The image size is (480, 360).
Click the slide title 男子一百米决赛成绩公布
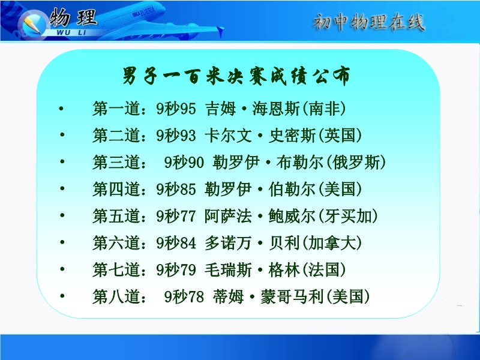coord(236,76)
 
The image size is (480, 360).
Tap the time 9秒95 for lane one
coord(176,109)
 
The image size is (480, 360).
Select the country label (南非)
coord(324,109)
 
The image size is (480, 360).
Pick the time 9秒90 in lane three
coord(184,162)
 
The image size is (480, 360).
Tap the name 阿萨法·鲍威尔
coord(260,216)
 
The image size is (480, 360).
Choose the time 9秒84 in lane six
coord(176,243)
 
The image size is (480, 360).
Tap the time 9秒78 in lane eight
coord(184,296)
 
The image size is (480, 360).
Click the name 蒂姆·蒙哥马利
coord(268,296)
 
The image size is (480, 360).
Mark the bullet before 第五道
coord(62,215)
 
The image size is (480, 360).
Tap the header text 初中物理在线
coord(368,22)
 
